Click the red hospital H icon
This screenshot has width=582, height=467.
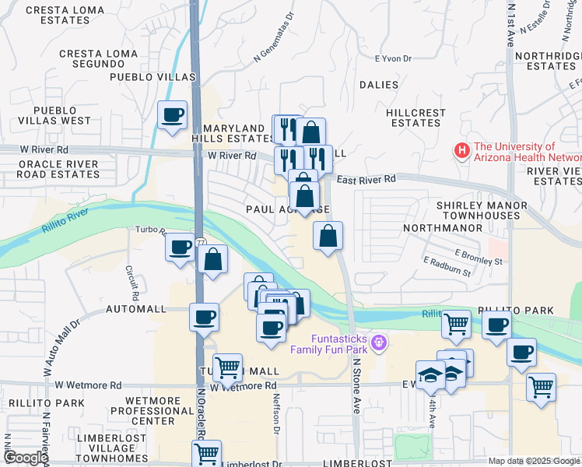[x=462, y=151]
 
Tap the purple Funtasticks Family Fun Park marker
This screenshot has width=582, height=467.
[x=379, y=341]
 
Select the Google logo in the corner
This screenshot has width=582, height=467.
[x=26, y=458]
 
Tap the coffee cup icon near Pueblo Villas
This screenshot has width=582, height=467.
[x=172, y=115]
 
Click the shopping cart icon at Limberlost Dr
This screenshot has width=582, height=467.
[x=206, y=453]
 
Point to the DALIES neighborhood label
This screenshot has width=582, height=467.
[x=379, y=85]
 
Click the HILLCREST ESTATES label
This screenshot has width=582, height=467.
[x=415, y=118]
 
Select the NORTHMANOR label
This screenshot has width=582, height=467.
[x=437, y=229]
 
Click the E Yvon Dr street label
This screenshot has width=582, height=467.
[x=393, y=58]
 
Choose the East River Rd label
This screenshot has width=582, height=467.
[x=366, y=179]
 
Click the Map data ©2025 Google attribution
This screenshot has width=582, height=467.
[x=533, y=461]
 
